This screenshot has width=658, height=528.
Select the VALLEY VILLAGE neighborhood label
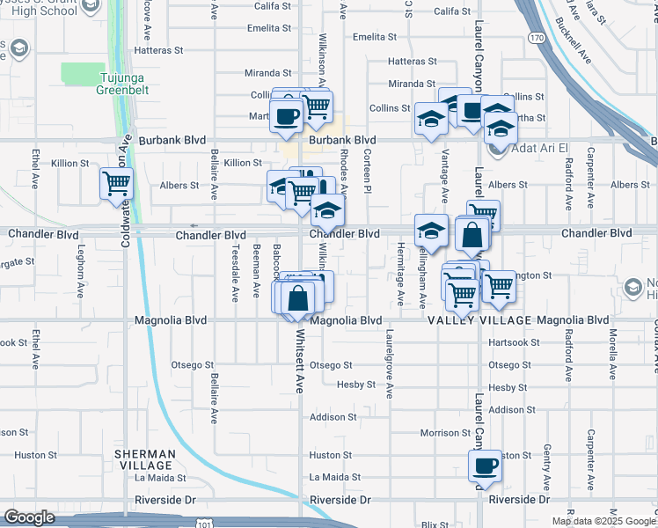click(481, 321)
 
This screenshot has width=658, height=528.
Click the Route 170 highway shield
click(536, 38)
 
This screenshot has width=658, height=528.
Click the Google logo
click(29, 517)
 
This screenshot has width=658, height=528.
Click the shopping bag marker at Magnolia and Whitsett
click(299, 297)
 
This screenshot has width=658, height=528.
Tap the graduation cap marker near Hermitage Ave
click(431, 231)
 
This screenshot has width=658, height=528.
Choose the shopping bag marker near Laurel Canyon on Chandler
click(472, 235)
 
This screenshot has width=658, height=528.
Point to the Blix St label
click(435, 524)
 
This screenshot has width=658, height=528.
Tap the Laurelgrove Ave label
click(388, 363)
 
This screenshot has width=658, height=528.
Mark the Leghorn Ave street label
click(78, 275)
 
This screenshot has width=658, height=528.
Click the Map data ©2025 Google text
click(603, 521)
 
